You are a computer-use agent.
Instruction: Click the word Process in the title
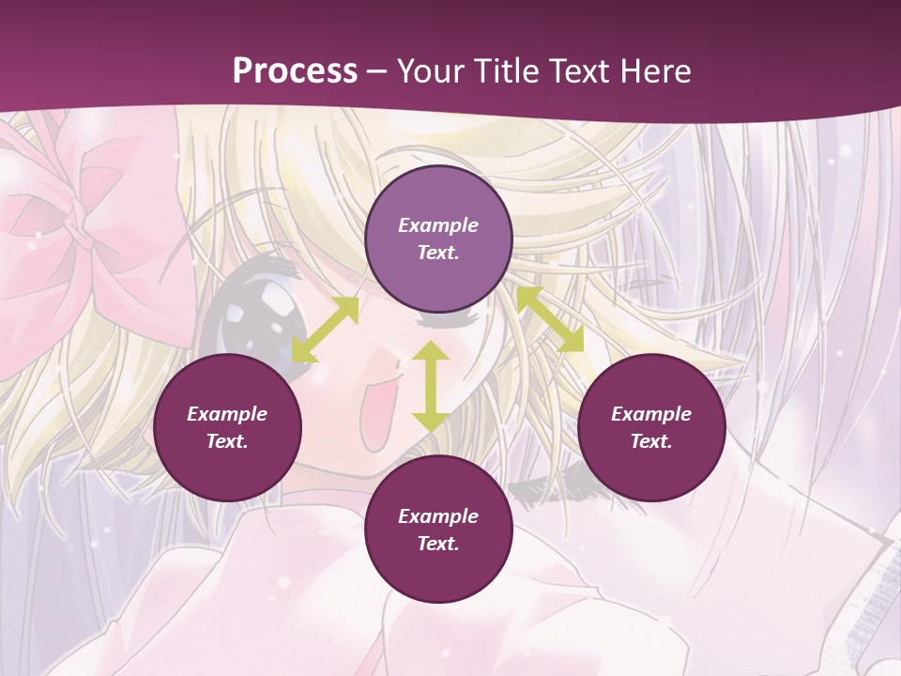[x=295, y=71]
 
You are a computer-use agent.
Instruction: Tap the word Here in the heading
[x=654, y=71]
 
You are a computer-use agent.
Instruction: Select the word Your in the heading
[x=429, y=71]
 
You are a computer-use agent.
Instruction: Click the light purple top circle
[x=438, y=239]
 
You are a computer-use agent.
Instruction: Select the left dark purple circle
[x=227, y=427]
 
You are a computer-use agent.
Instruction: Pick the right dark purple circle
[x=651, y=427]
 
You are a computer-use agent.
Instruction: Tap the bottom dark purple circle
[x=438, y=530]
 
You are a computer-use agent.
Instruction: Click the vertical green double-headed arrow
[x=431, y=386]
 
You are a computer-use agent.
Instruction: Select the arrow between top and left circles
[x=325, y=330]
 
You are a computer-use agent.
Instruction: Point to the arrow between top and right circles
[x=550, y=319]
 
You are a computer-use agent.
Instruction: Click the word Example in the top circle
[x=438, y=225]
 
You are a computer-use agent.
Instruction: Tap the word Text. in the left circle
[x=227, y=441]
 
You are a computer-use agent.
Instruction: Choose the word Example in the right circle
[x=651, y=414]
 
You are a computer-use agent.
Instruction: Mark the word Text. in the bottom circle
[x=438, y=544]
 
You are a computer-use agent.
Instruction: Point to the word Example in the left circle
[x=227, y=414]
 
